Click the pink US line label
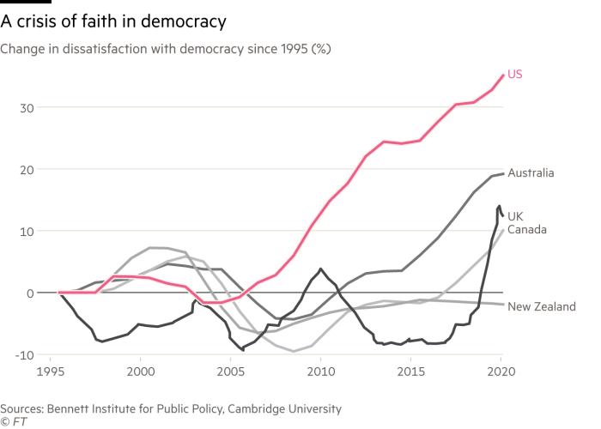tap(515, 75)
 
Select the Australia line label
tap(530, 173)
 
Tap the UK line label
tap(515, 216)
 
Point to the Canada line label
tap(526, 229)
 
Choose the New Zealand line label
tap(542, 306)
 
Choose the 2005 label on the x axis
tap(229, 374)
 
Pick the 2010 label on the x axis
tap(320, 374)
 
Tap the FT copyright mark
tap(11, 422)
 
